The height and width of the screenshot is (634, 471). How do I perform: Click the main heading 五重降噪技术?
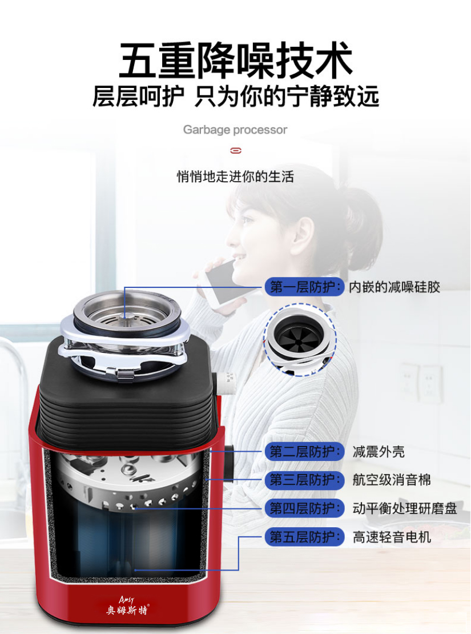(236, 60)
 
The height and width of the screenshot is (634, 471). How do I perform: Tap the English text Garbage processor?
(235, 130)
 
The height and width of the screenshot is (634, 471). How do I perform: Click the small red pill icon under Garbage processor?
(236, 151)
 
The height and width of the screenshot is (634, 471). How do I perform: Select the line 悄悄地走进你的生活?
(235, 176)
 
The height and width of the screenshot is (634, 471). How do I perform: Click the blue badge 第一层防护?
(305, 287)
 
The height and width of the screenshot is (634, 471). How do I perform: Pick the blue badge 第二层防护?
(305, 452)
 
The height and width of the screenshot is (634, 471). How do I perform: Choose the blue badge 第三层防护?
(305, 480)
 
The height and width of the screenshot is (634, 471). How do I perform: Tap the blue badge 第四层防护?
(305, 508)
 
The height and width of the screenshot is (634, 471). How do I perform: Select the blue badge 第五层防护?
(305, 537)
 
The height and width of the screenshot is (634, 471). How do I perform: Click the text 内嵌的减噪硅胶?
(394, 287)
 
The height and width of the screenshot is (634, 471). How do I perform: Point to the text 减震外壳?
(379, 452)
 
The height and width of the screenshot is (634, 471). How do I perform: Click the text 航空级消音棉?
(391, 480)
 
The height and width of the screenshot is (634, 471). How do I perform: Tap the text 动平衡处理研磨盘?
(405, 508)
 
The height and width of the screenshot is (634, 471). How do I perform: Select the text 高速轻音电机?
(391, 537)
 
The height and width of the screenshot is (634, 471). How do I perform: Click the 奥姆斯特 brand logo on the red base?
(127, 605)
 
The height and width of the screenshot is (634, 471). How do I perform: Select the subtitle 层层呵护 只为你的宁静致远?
(236, 96)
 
